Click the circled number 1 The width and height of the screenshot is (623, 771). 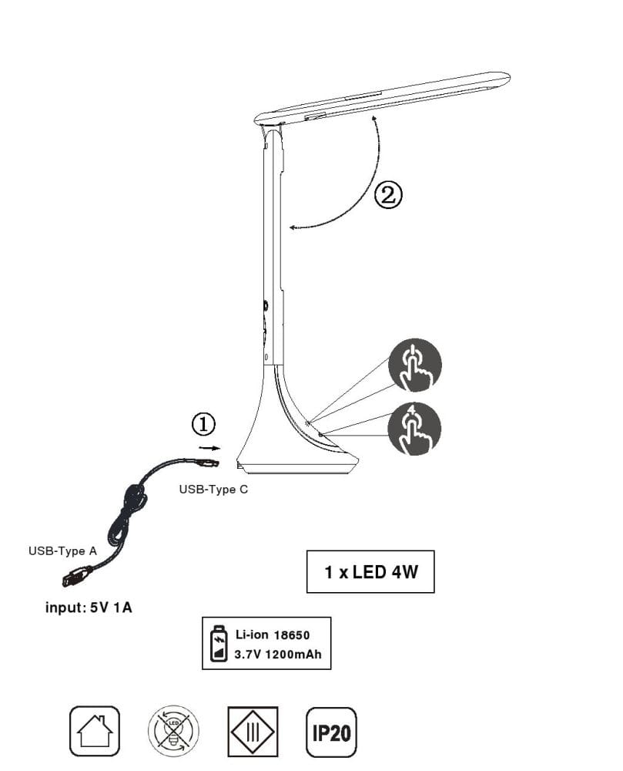click(203, 424)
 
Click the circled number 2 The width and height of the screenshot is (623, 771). click(388, 194)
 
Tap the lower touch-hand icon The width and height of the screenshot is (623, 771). click(415, 429)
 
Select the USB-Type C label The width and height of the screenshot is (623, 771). click(213, 489)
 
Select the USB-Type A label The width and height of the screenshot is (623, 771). click(62, 550)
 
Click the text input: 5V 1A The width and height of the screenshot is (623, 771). click(89, 608)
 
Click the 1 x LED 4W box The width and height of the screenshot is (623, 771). click(370, 572)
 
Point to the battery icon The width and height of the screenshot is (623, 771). click(219, 643)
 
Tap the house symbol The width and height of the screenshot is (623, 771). click(95, 731)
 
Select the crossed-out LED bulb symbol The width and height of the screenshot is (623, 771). click(173, 731)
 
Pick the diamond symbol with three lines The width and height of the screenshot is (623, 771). click(252, 731)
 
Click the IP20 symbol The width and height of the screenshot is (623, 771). click(331, 731)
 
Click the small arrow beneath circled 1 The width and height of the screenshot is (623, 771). click(206, 446)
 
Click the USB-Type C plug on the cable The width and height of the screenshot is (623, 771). click(209, 463)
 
